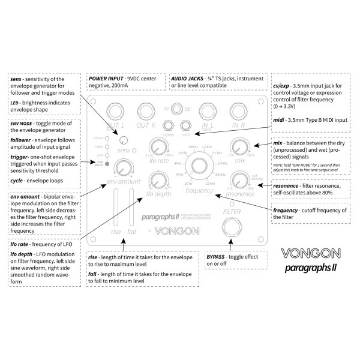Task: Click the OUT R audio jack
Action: [145, 110]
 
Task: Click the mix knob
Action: [240, 148]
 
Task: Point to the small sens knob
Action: [123, 140]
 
